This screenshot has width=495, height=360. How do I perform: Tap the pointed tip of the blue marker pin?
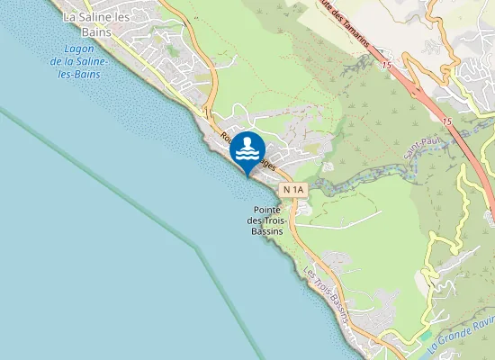[247, 175]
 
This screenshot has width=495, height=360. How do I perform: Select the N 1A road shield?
[294, 190]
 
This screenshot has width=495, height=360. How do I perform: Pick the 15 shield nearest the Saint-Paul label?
[445, 119]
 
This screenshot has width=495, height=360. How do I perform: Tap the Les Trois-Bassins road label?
[326, 289]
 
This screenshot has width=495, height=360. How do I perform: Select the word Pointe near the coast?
[266, 209]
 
